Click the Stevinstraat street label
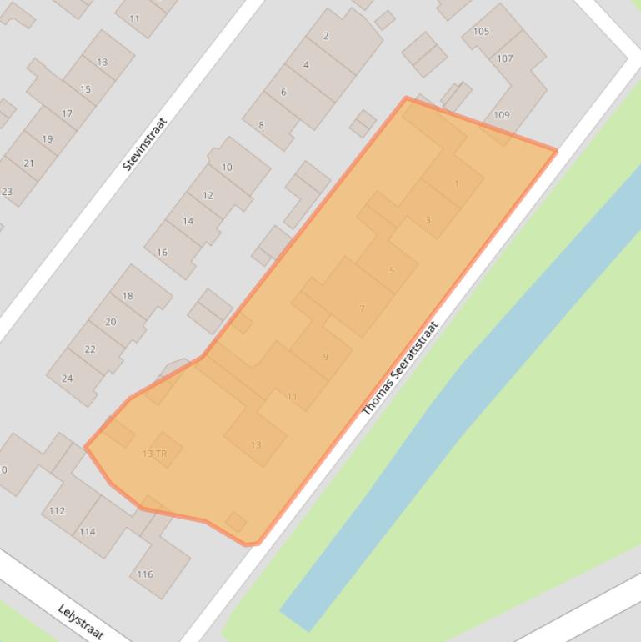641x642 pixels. (x=145, y=144)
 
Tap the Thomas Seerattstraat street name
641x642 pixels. (x=400, y=369)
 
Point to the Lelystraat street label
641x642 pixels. (x=81, y=621)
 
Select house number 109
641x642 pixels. (x=501, y=115)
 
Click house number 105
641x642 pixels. (x=481, y=32)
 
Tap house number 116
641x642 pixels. (x=145, y=574)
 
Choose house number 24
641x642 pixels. (x=68, y=378)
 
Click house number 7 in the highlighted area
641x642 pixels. (x=362, y=308)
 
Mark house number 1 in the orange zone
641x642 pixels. (x=457, y=183)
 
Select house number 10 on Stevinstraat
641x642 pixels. (x=227, y=168)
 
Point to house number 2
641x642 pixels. (x=326, y=36)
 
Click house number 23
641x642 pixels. (x=7, y=192)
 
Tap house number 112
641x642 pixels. (x=57, y=510)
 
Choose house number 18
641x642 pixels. (x=128, y=296)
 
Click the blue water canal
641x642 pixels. (x=467, y=392)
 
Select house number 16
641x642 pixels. (x=162, y=252)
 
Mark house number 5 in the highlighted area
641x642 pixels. (x=392, y=270)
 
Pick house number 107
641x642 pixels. (x=505, y=59)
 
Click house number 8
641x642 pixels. (x=261, y=125)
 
